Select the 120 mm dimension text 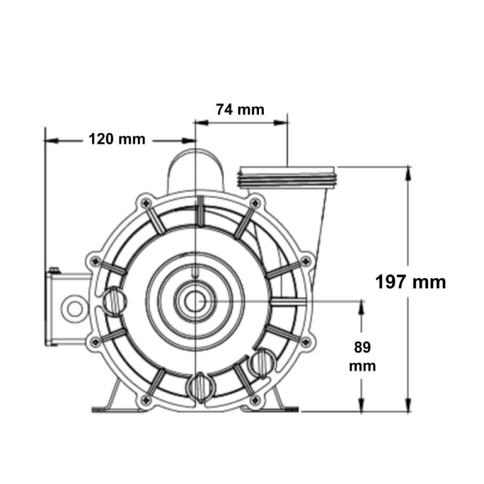click(117, 139)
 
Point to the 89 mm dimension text click(362, 356)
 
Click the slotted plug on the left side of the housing click(115, 298)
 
